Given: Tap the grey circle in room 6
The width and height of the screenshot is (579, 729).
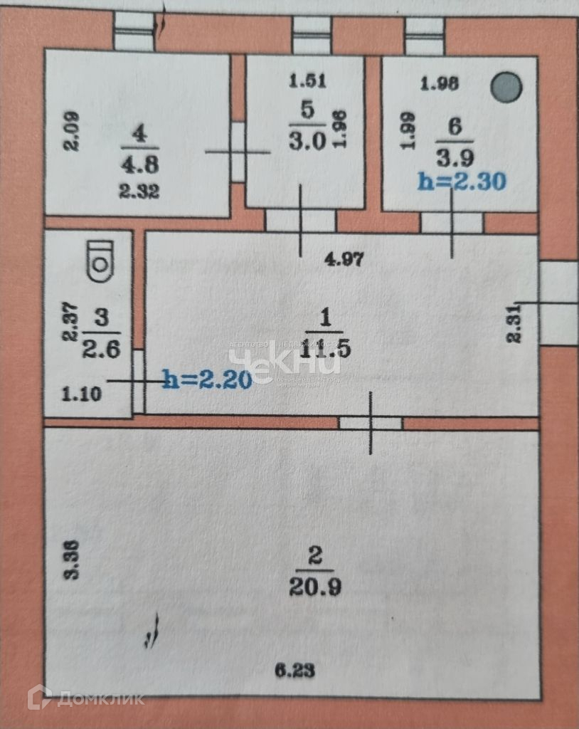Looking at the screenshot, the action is tap(507, 88).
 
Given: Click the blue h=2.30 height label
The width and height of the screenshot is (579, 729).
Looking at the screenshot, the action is tap(462, 182).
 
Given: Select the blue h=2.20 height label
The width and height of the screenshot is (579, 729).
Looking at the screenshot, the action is tap(207, 380).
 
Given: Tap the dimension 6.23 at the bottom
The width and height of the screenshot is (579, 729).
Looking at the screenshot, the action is tap(294, 670).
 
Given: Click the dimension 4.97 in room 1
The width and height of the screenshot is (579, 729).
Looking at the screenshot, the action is tap(344, 260).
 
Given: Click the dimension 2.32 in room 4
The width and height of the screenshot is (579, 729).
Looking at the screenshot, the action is tap(139, 191).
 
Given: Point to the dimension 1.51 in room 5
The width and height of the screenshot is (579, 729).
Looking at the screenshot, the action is tap(307, 81).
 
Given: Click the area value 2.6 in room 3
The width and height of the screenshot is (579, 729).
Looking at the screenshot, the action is tap(101, 350).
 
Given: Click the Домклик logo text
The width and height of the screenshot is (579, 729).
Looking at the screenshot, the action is tap(99, 697).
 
